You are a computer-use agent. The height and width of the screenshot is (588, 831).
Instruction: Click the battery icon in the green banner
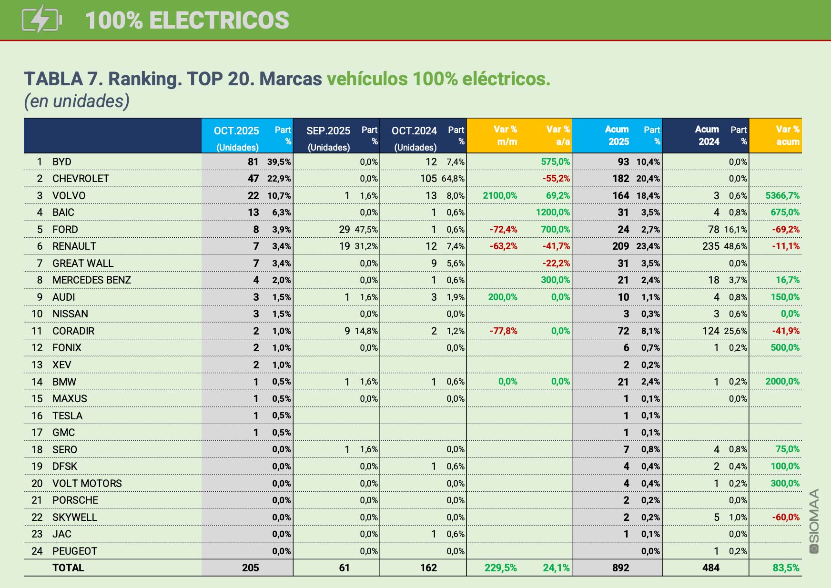42,20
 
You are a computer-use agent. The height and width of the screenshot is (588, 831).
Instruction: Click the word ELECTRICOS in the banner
219,20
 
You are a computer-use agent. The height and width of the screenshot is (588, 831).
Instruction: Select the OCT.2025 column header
236,131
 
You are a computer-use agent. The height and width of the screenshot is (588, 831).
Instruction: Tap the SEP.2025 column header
328,131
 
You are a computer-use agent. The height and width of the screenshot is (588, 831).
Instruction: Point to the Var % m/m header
506,135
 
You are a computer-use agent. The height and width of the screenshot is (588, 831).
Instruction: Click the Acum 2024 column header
707,135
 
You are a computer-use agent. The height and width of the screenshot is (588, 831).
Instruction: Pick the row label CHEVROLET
81,179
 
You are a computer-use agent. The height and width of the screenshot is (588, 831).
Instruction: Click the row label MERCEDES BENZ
91,280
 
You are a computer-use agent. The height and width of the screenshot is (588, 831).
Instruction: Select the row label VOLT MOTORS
87,483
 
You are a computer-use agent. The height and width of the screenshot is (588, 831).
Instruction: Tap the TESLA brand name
67,416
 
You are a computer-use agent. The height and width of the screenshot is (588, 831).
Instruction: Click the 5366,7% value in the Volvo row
782,195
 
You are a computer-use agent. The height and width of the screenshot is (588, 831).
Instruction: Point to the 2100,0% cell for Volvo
500,195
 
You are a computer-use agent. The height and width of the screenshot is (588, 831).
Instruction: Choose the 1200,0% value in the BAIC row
553,213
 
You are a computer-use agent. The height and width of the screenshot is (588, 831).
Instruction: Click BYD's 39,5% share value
279,162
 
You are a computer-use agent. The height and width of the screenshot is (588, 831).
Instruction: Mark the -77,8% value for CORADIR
503,331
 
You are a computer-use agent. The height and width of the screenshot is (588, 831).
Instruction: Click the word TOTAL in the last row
68,568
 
